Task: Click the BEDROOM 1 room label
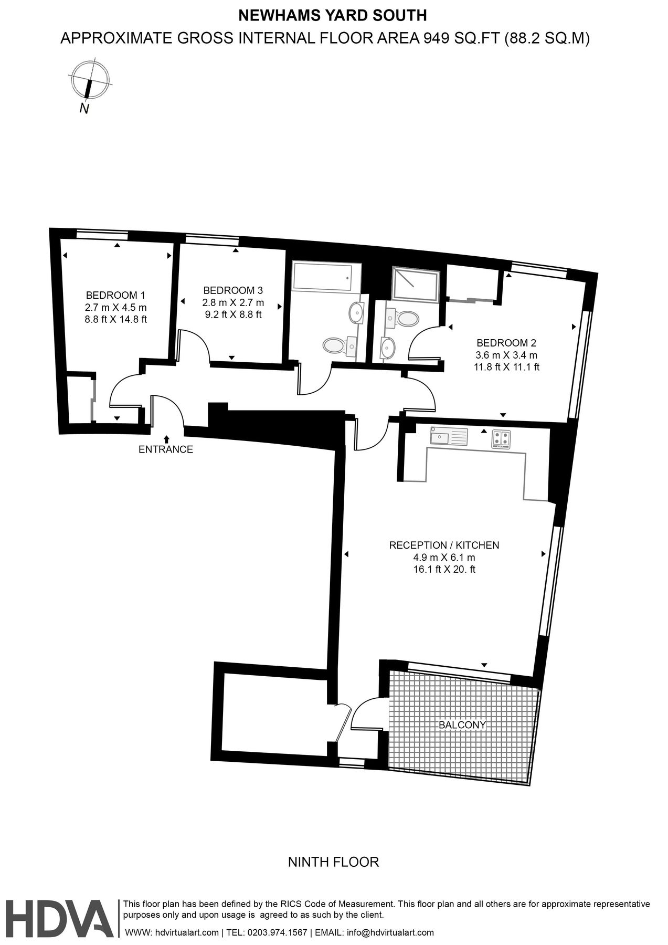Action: click(x=115, y=295)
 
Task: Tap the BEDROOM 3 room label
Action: click(x=233, y=290)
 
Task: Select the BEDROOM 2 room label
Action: click(x=506, y=343)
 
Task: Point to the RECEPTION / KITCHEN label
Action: click(x=444, y=545)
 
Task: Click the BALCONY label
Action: click(x=462, y=725)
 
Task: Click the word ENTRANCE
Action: click(x=166, y=449)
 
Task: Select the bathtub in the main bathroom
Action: click(x=322, y=277)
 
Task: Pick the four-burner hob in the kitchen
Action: click(x=501, y=439)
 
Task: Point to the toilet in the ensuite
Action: click(x=408, y=318)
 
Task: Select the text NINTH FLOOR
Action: click(x=334, y=862)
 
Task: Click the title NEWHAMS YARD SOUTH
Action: click(x=333, y=16)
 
